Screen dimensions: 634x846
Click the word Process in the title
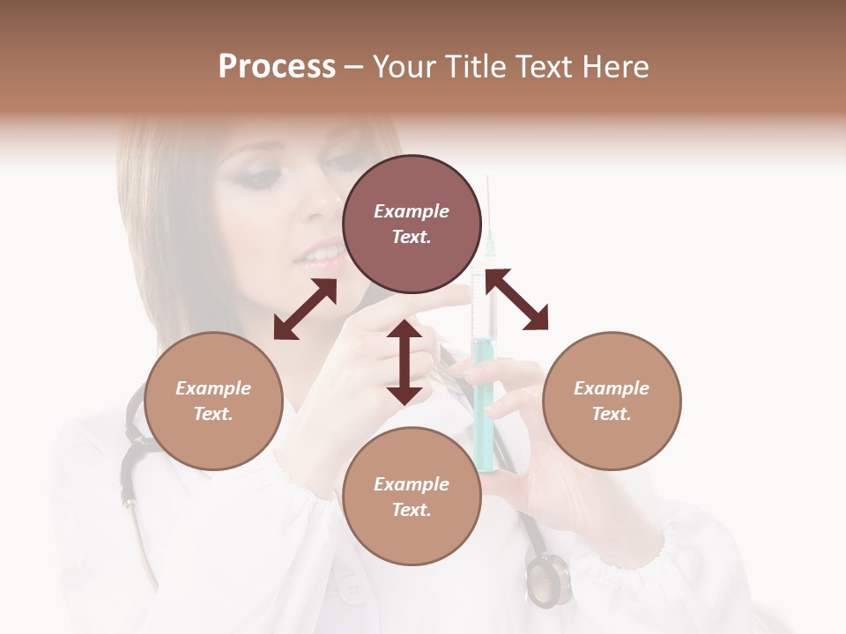[277, 67]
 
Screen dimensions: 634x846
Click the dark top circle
[412, 224]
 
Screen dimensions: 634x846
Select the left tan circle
[213, 401]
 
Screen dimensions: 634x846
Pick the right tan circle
[612, 401]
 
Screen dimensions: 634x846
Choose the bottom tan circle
[412, 497]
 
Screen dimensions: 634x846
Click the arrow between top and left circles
[305, 309]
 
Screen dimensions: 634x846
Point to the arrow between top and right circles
[516, 299]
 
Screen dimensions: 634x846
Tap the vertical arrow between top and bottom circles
[404, 362]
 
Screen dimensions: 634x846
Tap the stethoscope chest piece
[548, 580]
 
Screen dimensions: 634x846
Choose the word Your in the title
[404, 67]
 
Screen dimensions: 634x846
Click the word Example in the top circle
[412, 211]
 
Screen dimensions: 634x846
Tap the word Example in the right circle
[612, 388]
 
